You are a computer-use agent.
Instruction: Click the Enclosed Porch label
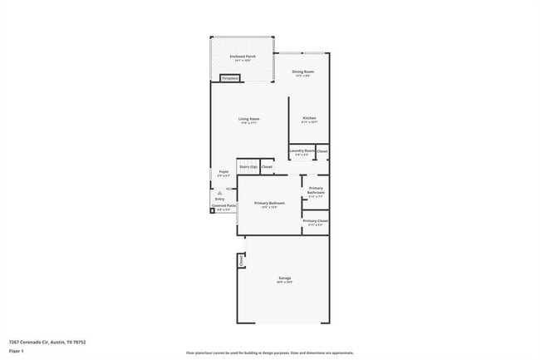(x=243, y=57)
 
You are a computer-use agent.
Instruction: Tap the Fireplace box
(x=230, y=78)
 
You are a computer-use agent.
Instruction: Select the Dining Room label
(x=302, y=72)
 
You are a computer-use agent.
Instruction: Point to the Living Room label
(x=249, y=120)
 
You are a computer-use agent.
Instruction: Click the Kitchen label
(x=309, y=119)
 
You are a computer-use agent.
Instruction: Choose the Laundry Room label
(x=302, y=150)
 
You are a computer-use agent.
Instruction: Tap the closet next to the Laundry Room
(x=322, y=151)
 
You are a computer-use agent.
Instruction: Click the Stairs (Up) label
(x=248, y=166)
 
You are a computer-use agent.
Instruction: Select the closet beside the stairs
(x=267, y=166)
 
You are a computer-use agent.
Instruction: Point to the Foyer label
(x=223, y=173)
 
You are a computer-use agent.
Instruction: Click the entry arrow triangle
(x=220, y=192)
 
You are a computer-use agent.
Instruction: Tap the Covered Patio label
(x=224, y=206)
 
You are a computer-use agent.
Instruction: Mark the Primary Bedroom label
(x=270, y=204)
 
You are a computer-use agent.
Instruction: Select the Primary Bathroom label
(x=316, y=190)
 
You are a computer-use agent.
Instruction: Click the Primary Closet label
(x=316, y=221)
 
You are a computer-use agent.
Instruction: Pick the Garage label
(x=285, y=278)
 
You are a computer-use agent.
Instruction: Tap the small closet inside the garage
(x=241, y=260)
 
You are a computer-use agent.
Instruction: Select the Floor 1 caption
(x=16, y=351)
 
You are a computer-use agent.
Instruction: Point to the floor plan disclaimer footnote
(x=270, y=353)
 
